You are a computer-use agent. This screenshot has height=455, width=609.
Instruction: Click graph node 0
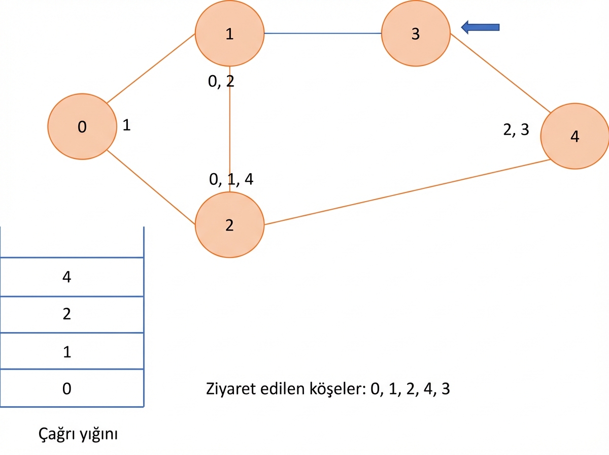(82, 126)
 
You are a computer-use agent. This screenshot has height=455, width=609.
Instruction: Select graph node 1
(229, 34)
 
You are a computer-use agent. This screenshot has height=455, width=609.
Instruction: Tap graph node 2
(229, 225)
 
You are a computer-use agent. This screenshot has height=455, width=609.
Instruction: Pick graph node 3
(416, 34)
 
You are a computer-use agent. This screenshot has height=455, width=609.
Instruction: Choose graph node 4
(575, 136)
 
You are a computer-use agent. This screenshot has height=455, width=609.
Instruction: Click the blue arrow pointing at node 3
(480, 27)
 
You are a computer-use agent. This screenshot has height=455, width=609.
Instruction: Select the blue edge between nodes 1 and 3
(323, 34)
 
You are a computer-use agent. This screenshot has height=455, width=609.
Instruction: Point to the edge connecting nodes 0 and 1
(151, 68)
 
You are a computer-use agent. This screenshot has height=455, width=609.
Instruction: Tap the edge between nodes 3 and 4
(500, 73)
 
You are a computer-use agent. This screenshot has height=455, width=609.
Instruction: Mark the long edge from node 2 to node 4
(408, 192)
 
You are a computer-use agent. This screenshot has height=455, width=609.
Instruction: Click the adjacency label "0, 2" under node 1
(221, 81)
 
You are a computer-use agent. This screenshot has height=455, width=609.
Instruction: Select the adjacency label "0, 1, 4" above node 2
(231, 179)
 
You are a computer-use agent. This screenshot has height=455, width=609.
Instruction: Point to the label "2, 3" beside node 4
(516, 129)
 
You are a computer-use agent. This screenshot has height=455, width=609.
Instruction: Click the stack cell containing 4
(72, 277)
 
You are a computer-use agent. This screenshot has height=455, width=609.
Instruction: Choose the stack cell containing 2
(72, 314)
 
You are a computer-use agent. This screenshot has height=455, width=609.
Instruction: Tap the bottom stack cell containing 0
(72, 388)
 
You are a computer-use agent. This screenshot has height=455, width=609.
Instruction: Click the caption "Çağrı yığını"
(78, 434)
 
